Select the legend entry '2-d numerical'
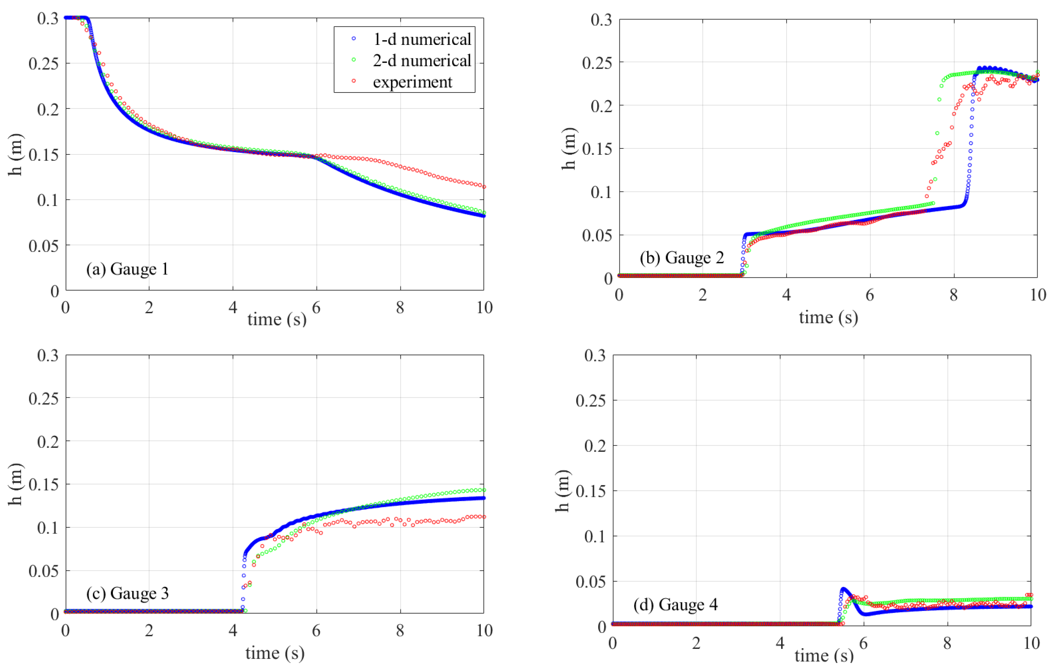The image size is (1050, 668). coord(422,61)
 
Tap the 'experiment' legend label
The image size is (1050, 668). coord(412,82)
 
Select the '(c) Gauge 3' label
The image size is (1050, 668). coord(127,593)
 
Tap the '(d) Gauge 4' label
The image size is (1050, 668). coord(675,604)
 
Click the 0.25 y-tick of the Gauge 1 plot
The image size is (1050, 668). coord(43,64)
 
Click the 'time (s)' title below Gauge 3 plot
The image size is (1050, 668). coord(275,653)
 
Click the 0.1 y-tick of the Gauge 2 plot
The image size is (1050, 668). coord(601,192)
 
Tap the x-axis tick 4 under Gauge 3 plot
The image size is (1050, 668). coord(233,630)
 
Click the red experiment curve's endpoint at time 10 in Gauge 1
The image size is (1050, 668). coord(483,187)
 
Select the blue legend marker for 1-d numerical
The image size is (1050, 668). coord(354,39)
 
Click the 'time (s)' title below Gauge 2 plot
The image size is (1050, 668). coord(828,317)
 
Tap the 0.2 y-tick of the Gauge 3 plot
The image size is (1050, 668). coord(48,442)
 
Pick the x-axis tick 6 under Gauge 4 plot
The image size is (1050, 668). coord(864,643)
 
